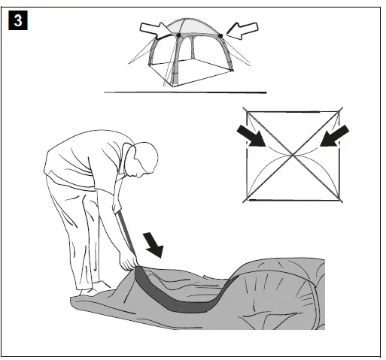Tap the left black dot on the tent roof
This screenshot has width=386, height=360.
[178, 35]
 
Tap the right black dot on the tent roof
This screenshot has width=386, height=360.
[220, 35]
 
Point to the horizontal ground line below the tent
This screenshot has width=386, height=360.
[184, 92]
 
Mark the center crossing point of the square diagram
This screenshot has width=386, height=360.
[293, 156]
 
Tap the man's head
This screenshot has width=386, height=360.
[145, 159]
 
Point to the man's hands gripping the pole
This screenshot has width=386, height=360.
[129, 262]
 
